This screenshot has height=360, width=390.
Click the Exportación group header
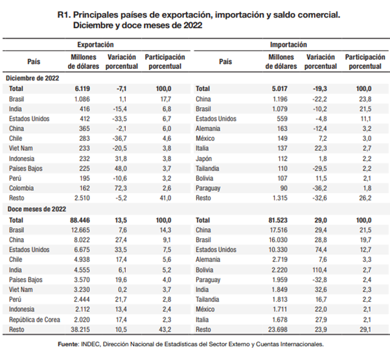pos(95,45)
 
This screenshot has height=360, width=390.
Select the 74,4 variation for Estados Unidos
pos(323,249)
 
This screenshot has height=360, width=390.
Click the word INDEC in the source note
pos(102,344)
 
